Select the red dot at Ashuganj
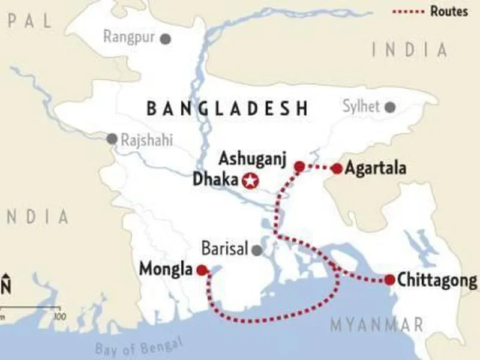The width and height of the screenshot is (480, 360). [299, 166]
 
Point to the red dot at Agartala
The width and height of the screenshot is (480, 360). [337, 169]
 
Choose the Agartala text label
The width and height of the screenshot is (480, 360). [376, 169]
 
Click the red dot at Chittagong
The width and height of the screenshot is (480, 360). [389, 280]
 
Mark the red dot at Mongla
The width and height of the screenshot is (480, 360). [202, 270]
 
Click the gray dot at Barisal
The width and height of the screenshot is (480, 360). [257, 250]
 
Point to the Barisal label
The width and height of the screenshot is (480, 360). [225, 250]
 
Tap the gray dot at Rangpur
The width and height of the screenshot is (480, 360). [165, 38]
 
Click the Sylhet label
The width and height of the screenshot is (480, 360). [361, 107]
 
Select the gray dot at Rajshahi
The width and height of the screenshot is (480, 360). [112, 139]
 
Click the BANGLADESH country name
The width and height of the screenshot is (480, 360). [227, 109]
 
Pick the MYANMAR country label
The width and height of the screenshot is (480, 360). [376, 325]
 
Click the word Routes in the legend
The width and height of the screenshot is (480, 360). [449, 11]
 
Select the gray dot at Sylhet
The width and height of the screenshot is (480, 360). [391, 107]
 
